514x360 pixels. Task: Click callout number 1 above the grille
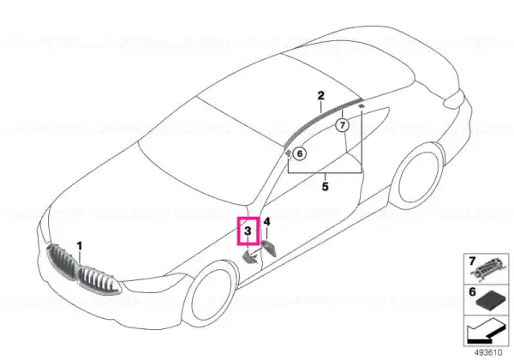pyautogui.click(x=80, y=246)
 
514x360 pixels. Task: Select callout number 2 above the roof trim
pyautogui.click(x=321, y=95)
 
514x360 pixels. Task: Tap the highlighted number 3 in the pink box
pyautogui.click(x=248, y=231)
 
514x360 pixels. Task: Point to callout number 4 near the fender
pyautogui.click(x=267, y=222)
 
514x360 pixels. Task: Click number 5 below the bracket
pyautogui.click(x=325, y=187)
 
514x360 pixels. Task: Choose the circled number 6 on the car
pyautogui.click(x=299, y=153)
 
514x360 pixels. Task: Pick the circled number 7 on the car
pyautogui.click(x=343, y=125)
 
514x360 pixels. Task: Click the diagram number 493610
pyautogui.click(x=488, y=353)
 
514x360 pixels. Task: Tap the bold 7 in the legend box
pyautogui.click(x=472, y=261)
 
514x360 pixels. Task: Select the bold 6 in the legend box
pyautogui.click(x=472, y=291)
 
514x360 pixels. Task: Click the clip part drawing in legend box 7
pyautogui.click(x=489, y=269)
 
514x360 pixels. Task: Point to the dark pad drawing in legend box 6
pyautogui.click(x=491, y=300)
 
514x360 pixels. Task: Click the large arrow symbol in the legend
pyautogui.click(x=485, y=331)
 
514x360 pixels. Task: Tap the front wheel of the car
pyautogui.click(x=209, y=297)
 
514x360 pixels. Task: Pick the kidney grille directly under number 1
pyautogui.click(x=99, y=279)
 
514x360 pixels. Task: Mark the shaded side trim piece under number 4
pyautogui.click(x=269, y=249)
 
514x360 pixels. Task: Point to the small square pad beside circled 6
pyautogui.click(x=288, y=153)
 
